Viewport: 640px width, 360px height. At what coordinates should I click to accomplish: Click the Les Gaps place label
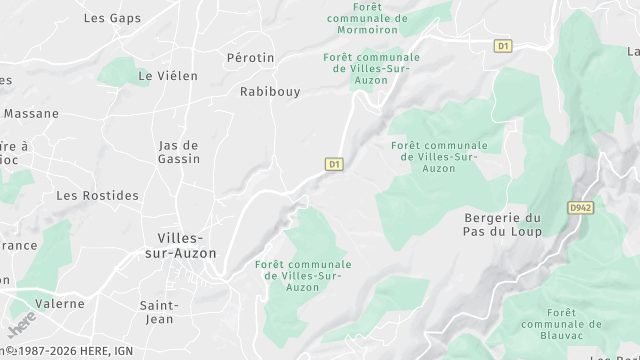coord(113,18)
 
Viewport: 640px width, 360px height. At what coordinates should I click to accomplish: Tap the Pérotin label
coord(250,58)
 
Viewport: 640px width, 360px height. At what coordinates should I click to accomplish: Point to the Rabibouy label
coord(270,91)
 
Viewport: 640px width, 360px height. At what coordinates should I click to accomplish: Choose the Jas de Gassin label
coord(179,152)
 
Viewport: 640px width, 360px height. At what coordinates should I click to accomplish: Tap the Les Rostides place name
coord(97,195)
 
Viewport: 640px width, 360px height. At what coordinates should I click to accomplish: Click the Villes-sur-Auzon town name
coord(181,245)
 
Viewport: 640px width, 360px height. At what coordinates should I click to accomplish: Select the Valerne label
coord(60,303)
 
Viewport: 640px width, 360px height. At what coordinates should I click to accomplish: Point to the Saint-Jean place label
coord(159,312)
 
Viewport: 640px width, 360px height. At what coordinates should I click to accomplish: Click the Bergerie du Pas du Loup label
coord(503,225)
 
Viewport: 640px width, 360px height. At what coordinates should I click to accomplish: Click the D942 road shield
coord(581,208)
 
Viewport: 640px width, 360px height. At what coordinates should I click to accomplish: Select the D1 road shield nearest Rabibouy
coord(334,164)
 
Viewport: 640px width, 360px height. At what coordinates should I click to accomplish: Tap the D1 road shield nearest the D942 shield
coord(503,46)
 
